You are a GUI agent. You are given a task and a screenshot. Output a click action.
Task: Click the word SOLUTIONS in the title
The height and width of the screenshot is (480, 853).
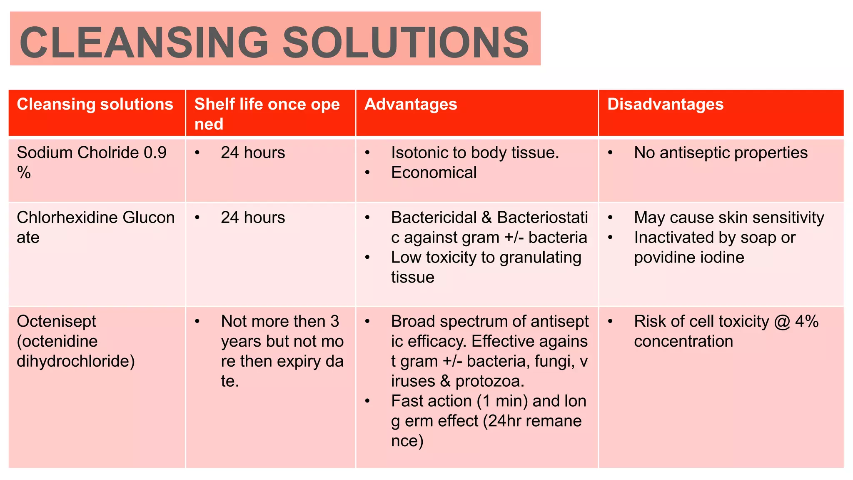tap(406, 42)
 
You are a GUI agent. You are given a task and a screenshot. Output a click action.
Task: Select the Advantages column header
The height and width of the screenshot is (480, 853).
tap(411, 104)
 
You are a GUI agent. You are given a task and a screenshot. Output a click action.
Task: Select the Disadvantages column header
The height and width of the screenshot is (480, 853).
tap(665, 104)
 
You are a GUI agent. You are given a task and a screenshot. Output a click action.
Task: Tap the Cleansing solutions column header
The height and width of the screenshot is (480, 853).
tap(95, 104)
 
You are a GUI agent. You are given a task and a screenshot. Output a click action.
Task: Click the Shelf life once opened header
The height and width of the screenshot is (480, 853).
tap(267, 113)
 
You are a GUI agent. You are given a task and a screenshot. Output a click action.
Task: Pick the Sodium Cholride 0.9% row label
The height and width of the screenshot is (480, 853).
tap(91, 162)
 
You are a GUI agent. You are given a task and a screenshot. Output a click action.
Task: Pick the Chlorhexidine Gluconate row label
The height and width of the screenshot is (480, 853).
tap(95, 227)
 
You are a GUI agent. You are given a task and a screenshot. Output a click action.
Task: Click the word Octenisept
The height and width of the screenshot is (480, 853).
tap(56, 321)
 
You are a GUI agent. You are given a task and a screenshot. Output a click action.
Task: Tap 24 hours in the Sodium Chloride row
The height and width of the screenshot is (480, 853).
tap(253, 153)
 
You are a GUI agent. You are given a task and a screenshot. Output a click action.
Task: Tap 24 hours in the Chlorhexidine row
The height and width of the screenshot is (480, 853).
tap(253, 217)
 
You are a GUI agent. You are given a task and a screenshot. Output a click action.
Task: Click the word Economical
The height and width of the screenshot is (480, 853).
tap(434, 172)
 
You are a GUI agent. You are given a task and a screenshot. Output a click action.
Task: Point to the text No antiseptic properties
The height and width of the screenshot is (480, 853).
tap(721, 153)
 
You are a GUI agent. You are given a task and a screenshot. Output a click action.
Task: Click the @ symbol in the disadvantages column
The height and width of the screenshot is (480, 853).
tap(782, 321)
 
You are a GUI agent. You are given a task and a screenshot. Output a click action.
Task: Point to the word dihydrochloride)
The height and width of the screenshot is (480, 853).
tap(76, 361)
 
